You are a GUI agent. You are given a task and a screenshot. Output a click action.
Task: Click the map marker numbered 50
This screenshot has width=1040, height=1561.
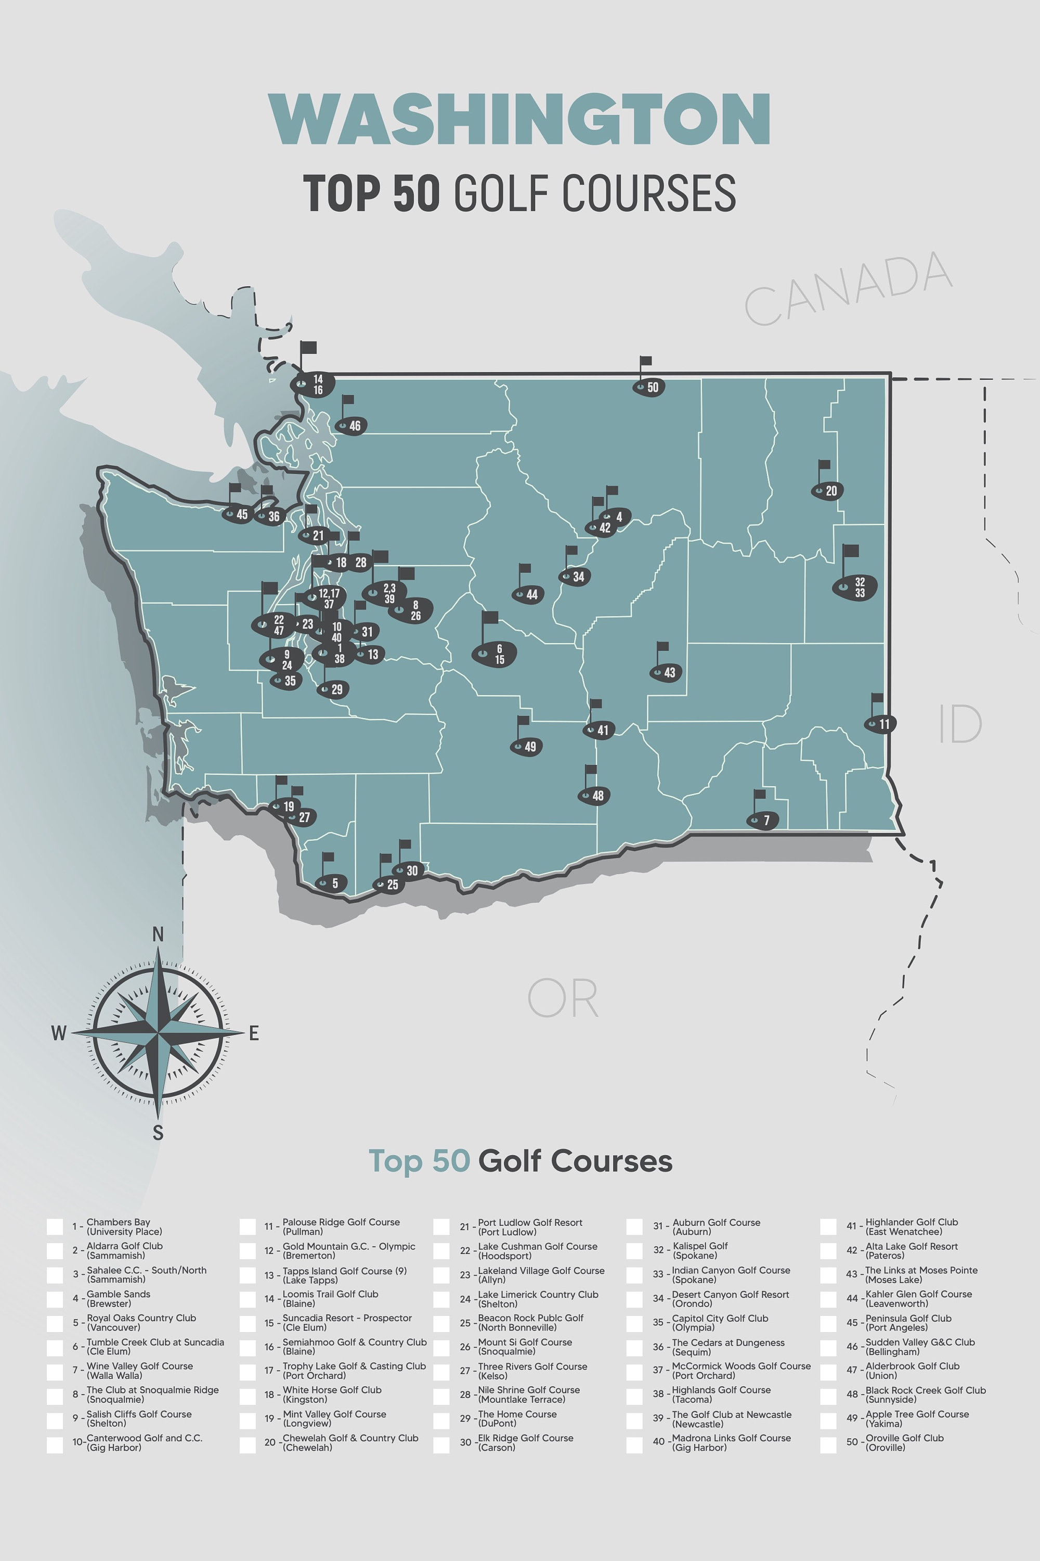click(x=648, y=387)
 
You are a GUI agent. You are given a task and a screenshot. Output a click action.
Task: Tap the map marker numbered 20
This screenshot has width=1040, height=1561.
click(x=827, y=491)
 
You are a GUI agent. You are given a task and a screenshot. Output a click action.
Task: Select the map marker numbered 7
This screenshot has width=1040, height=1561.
click(x=762, y=821)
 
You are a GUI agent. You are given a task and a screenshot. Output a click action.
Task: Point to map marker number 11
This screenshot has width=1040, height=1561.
click(x=880, y=724)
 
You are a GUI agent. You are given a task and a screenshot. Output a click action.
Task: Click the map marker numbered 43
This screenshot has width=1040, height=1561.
click(x=665, y=673)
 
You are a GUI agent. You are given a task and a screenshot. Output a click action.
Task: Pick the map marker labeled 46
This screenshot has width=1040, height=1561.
click(x=351, y=426)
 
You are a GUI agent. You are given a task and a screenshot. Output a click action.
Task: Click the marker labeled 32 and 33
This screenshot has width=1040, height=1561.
click(x=855, y=587)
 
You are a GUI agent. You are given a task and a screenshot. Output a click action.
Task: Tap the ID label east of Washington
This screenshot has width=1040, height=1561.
click(x=960, y=724)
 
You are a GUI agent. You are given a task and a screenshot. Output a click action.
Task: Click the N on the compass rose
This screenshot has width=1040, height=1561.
click(x=158, y=935)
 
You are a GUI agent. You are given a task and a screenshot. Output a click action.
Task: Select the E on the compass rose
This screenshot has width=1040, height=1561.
click(x=253, y=1033)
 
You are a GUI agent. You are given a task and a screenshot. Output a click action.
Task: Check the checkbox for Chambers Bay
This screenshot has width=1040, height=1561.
click(x=55, y=1226)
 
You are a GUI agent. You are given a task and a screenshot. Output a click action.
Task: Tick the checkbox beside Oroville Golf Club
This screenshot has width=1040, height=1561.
click(x=828, y=1445)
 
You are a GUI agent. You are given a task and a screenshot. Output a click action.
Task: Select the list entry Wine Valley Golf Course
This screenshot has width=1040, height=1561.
click(x=139, y=1371)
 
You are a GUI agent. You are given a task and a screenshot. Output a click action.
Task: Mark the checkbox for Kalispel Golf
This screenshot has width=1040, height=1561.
click(x=635, y=1250)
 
